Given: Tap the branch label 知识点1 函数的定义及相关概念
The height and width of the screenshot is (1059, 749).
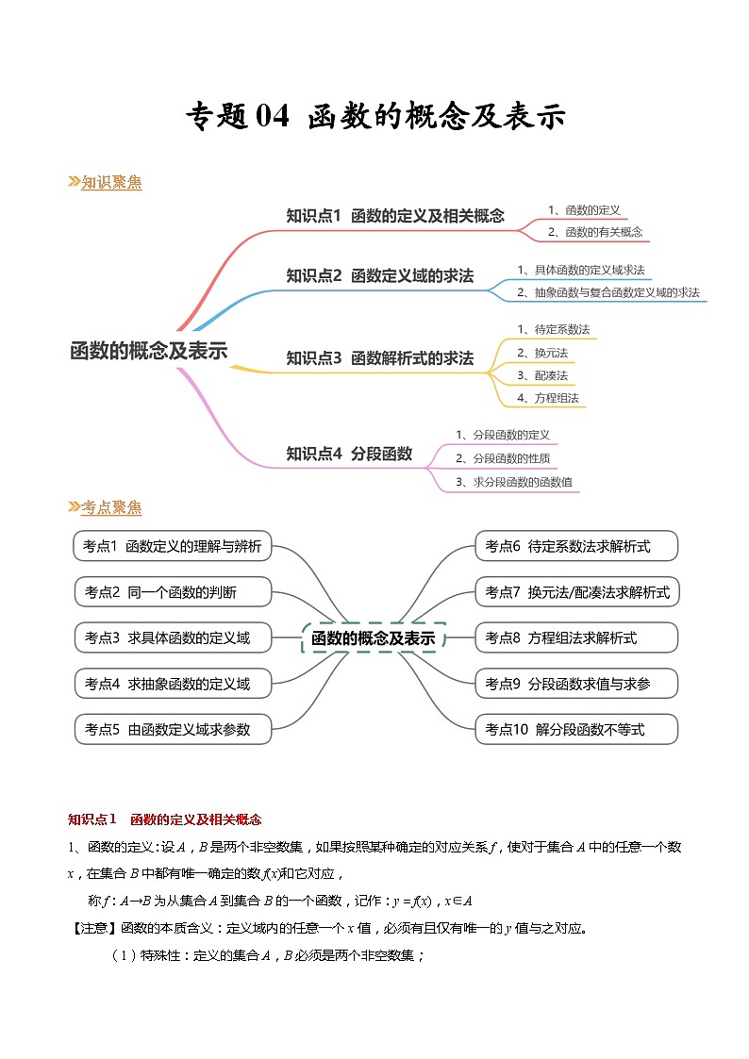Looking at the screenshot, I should [395, 216].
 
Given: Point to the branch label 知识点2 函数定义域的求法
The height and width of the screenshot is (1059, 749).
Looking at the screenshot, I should [379, 275].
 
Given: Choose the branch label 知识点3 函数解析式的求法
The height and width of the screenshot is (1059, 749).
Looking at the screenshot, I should [379, 358].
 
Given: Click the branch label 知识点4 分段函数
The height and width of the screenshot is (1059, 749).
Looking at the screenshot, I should [349, 454].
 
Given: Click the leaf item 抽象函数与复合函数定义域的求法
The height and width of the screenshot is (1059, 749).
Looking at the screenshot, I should [608, 293].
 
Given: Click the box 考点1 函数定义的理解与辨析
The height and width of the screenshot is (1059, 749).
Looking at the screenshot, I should [173, 546].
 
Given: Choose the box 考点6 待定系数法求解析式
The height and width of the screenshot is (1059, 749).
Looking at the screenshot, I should [575, 546].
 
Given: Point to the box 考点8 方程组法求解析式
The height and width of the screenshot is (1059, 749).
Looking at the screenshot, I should [575, 637].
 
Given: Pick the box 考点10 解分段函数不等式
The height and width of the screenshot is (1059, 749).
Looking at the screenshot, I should [575, 729].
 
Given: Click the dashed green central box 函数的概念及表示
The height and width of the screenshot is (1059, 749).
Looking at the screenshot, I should [374, 638].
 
